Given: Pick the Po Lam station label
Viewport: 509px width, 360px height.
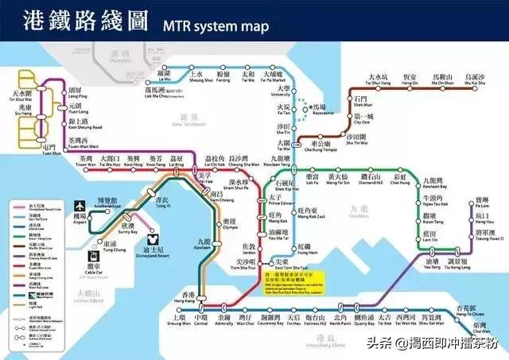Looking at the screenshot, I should point(482,203).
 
